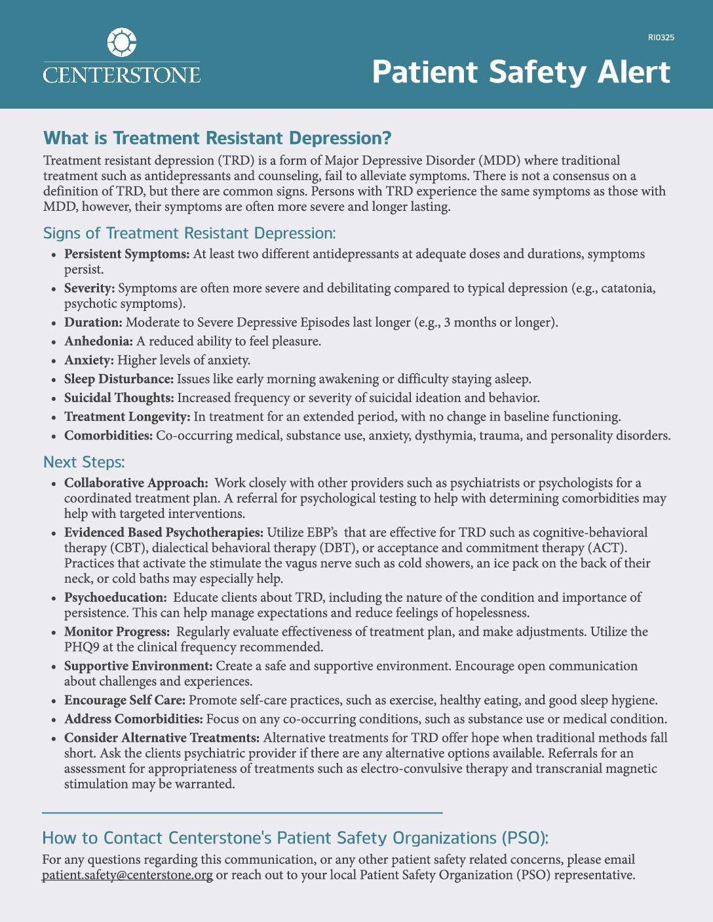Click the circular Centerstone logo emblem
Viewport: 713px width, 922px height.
coord(121,43)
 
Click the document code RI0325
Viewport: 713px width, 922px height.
coord(661,37)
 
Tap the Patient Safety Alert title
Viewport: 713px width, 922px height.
coord(521,72)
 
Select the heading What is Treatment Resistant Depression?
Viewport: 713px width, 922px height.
coord(217,138)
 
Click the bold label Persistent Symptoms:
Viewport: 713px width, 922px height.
coord(126,254)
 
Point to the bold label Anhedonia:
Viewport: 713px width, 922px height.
coord(98,341)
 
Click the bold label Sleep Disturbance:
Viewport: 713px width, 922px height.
coord(119,379)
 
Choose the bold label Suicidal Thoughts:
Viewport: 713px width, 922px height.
coord(119,398)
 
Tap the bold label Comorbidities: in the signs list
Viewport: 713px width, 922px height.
coord(108,436)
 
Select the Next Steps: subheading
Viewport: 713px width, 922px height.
coord(84,462)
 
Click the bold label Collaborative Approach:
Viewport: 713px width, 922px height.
coord(136,483)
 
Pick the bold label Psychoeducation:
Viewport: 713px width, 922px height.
coord(115,598)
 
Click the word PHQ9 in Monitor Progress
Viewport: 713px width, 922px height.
coord(81,648)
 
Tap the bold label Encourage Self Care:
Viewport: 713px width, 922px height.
coord(125,701)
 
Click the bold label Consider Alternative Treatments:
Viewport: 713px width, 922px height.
coord(162,739)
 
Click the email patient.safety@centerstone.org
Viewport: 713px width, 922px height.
coord(127,876)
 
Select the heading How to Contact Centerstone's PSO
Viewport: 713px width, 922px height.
coord(295,838)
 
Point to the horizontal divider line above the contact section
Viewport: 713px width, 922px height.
coord(242,813)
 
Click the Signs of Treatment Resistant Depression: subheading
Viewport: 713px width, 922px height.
coord(189,233)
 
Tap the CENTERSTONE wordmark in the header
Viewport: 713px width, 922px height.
coord(121,74)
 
